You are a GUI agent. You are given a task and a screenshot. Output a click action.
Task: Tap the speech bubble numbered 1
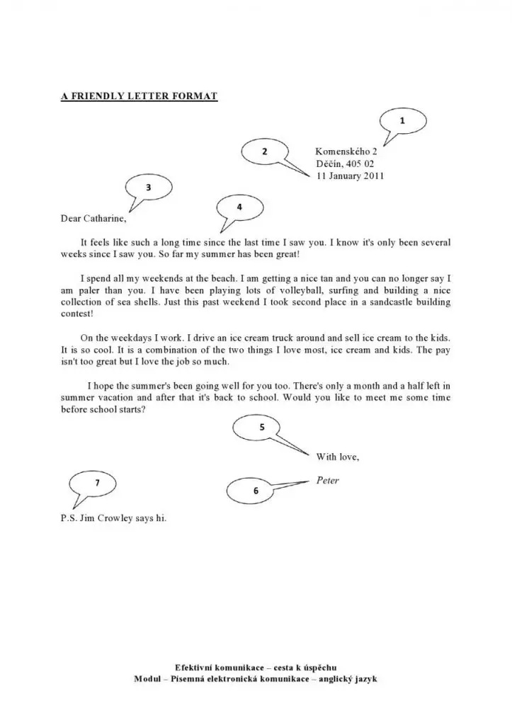pyautogui.click(x=403, y=122)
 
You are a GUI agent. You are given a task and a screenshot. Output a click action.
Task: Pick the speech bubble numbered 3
pyautogui.click(x=148, y=188)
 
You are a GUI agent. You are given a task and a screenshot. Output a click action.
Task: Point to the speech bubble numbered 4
pyautogui.click(x=240, y=207)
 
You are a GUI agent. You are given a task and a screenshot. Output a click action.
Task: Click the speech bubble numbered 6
pyautogui.click(x=255, y=490)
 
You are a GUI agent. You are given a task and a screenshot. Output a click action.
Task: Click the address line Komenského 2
pyautogui.click(x=346, y=152)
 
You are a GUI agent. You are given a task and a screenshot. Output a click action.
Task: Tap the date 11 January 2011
pyautogui.click(x=350, y=176)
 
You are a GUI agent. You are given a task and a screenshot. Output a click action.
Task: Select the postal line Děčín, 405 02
pyautogui.click(x=345, y=164)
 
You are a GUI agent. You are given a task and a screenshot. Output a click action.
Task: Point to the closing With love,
pyautogui.click(x=337, y=457)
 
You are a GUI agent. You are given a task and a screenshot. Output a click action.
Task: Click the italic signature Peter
pyautogui.click(x=327, y=481)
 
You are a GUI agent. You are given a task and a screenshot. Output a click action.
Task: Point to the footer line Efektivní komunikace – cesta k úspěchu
pyautogui.click(x=256, y=668)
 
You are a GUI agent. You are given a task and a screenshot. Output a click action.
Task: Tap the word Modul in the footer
pyautogui.click(x=148, y=679)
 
